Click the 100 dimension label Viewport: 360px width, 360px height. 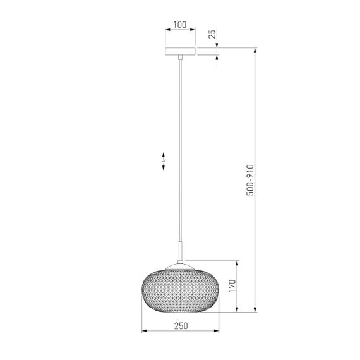point(180,25)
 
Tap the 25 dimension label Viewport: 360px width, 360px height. point(212,34)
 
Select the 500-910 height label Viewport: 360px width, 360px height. point(250,180)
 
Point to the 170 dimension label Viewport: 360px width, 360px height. point(232,286)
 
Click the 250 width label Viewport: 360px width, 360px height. point(181,326)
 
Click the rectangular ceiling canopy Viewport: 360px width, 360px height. point(180,51)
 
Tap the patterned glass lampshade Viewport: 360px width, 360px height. point(180,291)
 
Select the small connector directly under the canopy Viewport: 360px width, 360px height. point(181,57)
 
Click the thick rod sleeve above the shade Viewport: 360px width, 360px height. point(181,251)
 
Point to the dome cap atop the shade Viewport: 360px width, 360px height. point(180,267)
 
